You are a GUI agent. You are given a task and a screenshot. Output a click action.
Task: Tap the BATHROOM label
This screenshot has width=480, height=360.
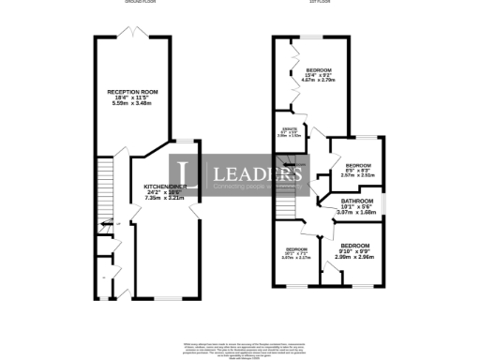pyautogui.click(x=357, y=202)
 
